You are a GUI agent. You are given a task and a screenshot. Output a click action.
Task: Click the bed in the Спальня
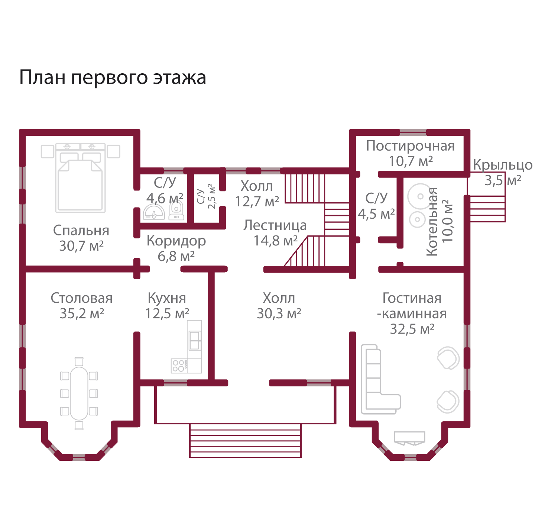(x=80, y=182)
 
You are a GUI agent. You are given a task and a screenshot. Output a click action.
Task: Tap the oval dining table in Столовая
(x=79, y=393)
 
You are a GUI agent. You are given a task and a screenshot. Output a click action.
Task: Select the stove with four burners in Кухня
(x=179, y=366)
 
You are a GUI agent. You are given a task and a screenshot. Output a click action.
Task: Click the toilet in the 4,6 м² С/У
(x=176, y=211)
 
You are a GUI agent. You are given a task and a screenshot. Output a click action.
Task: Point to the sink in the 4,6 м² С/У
(x=153, y=212)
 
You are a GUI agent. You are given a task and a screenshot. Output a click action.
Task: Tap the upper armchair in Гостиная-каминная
(x=448, y=358)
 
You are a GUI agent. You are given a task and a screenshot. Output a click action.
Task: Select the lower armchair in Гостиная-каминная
(x=448, y=401)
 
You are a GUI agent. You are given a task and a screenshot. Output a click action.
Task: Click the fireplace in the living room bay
(x=409, y=438)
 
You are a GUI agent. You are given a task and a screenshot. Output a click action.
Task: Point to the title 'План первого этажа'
(x=112, y=78)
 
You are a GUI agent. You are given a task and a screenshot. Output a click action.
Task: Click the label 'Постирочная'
(x=410, y=146)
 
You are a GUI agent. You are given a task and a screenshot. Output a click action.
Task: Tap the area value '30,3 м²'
(x=279, y=314)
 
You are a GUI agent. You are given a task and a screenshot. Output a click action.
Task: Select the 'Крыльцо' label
(x=502, y=165)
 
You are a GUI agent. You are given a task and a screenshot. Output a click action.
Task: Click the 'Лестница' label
(x=275, y=225)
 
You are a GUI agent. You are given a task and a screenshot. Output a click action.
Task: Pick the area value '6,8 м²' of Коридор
(x=176, y=256)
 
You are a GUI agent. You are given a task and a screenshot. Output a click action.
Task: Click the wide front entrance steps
(x=245, y=440)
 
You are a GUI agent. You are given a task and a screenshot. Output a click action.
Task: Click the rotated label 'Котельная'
(x=432, y=222)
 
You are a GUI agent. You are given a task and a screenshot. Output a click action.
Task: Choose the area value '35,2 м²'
(x=82, y=314)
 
